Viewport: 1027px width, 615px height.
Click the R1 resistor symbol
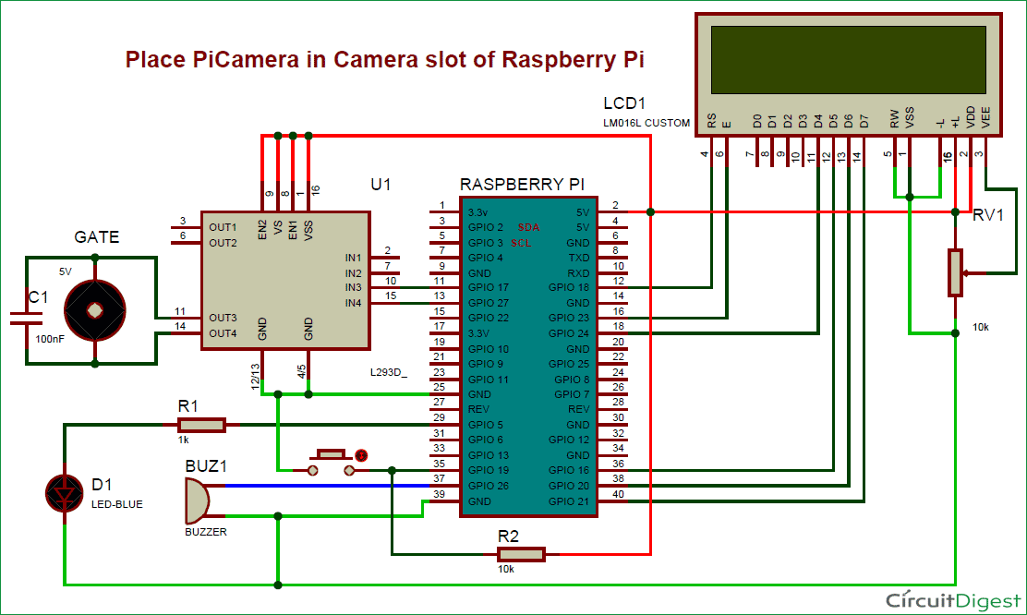200,425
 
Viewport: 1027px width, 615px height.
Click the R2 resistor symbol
521,554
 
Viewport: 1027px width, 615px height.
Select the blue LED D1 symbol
65,495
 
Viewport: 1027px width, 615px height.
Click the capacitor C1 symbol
25,319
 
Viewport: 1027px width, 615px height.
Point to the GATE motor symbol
94,311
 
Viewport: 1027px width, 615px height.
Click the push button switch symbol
331,462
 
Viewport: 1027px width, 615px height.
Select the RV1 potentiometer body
955,272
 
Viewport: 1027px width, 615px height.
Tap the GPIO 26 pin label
489,486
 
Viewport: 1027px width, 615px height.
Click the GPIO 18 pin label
568,287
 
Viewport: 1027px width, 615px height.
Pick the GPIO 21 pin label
568,500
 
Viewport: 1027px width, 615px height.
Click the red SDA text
528,226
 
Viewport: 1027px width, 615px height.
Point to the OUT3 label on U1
223,318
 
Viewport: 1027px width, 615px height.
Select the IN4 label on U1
353,303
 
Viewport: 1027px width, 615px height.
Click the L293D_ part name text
388,374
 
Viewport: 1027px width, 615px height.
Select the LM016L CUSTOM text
645,123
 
